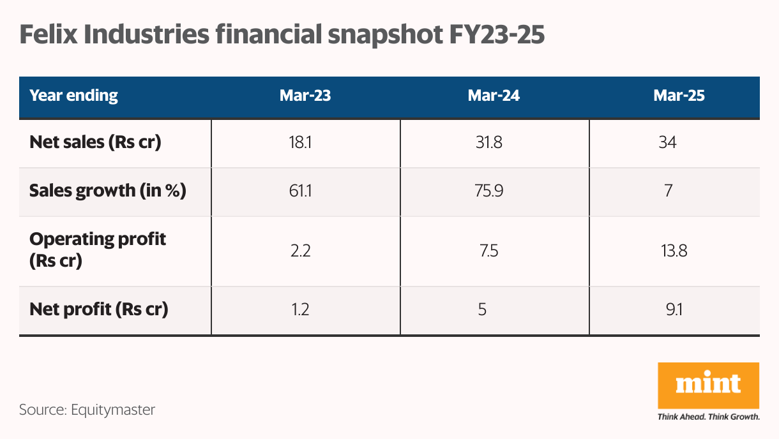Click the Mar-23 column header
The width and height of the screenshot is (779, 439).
point(305,96)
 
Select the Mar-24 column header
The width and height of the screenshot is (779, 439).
point(494,96)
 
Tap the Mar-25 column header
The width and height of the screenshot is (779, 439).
point(679,96)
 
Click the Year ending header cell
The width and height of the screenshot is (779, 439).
point(74,96)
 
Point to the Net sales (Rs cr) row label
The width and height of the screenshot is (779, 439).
point(95,142)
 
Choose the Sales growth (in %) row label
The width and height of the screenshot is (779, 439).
point(108,191)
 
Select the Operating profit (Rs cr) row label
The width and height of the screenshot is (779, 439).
point(98,250)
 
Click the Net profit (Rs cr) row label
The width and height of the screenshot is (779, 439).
point(99,310)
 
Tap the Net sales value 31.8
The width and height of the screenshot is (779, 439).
point(494,142)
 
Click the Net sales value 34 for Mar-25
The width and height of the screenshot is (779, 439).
point(667,142)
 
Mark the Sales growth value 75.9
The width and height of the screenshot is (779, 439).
point(494,191)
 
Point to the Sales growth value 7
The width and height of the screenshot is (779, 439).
point(667,191)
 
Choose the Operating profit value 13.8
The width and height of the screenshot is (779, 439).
point(674,250)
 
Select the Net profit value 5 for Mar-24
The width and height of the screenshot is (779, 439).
point(482,310)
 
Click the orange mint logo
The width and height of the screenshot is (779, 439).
point(708,385)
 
